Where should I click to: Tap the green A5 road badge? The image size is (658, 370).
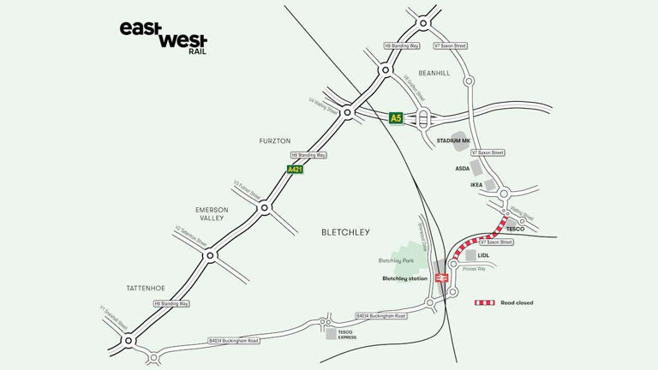coord(396,118)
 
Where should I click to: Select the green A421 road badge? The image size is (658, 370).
coord(295,170)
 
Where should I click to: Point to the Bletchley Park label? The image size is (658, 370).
coord(396,260)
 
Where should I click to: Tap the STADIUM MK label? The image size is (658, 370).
coord(453,140)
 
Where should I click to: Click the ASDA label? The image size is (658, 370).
coord(463,169)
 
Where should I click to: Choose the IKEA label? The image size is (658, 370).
coord(477,184)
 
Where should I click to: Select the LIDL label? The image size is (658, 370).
coord(483,255)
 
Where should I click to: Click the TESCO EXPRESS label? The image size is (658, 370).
coord(346,335)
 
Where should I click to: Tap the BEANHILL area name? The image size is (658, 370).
coord(434,73)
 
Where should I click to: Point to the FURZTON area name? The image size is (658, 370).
coord(275,140)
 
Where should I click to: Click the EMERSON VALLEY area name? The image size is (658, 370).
coord(210,214)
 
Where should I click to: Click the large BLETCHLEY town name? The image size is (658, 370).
coord(345,232)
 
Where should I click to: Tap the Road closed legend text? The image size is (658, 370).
coord(517,302)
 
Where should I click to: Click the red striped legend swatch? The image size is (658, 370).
coord(485,302)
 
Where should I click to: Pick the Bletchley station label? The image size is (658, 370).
coord(404,278)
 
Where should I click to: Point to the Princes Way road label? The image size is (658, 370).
coord(474,269)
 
